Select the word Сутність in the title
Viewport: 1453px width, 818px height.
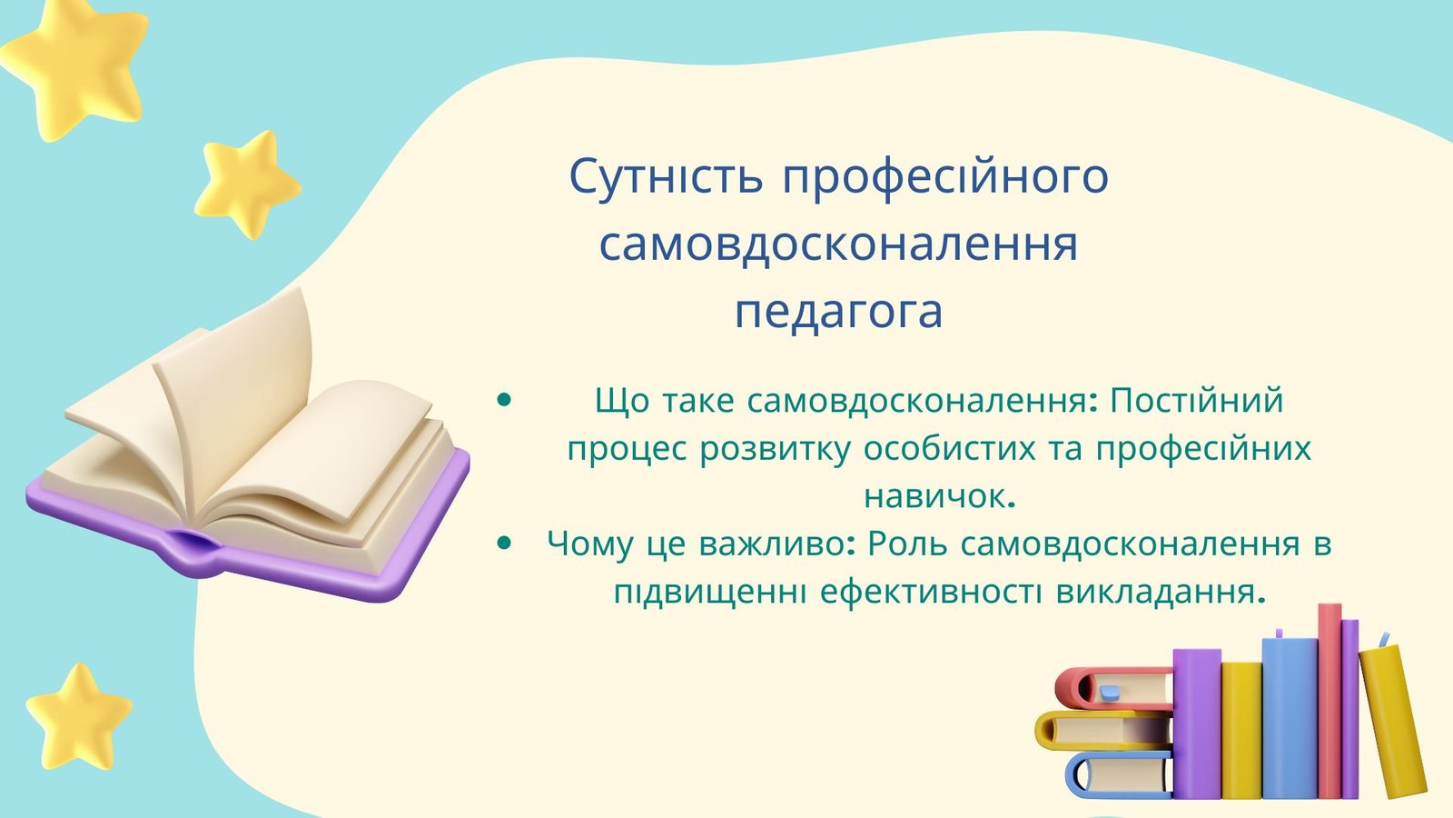coord(667,176)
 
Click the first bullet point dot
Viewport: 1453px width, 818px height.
coord(504,399)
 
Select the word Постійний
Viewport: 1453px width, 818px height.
coord(1197,400)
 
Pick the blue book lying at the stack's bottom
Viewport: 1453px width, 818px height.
coord(1119,775)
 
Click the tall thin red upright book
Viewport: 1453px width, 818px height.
coord(1329,701)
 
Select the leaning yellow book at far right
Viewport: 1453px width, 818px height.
coord(1393,721)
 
